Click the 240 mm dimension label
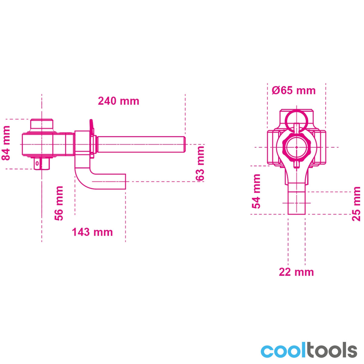pos(118,101)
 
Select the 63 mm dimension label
pos(200,163)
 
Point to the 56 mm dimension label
pos(59,203)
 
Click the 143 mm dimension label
pos(93,232)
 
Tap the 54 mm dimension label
pos(256,191)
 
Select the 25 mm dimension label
pos(356,204)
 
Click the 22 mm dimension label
pos(296,272)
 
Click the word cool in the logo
pos(283,351)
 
